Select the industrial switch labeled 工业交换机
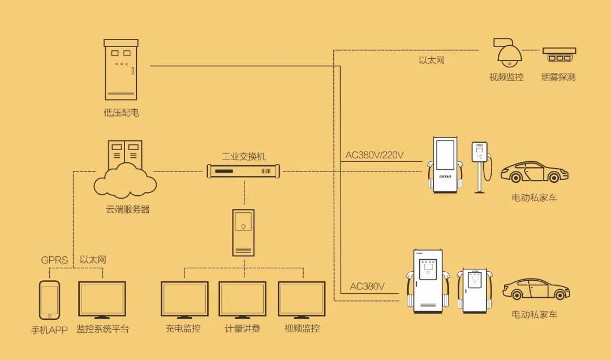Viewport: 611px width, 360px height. pos(244,170)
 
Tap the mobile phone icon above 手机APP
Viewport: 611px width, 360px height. pos(49,300)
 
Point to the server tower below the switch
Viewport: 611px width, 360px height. pos(243,232)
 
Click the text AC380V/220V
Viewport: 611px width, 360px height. pos(375,155)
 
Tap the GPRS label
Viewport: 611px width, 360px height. pos(54,260)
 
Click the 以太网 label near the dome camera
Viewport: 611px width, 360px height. pos(432,59)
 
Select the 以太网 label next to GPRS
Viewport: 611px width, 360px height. pos(92,260)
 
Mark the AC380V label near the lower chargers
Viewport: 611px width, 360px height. pos(367,286)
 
